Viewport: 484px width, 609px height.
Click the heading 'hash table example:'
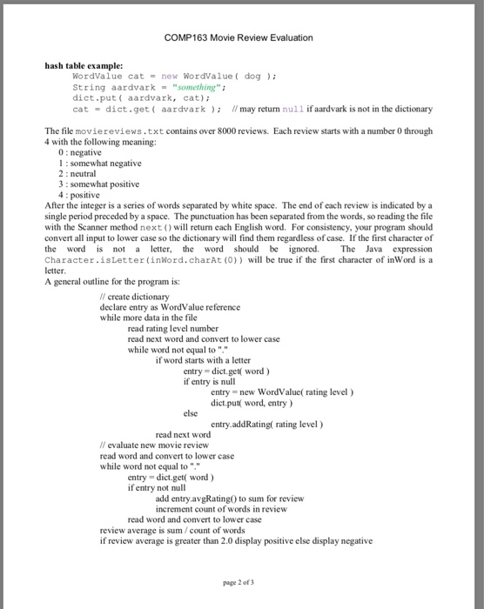[x=84, y=65]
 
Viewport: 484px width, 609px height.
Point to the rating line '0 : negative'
[x=77, y=152]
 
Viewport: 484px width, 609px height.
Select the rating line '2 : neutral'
[x=75, y=173]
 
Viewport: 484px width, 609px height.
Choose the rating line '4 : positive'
[x=77, y=194]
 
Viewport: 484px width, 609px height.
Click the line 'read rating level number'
[x=178, y=329]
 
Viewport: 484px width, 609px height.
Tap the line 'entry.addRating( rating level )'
[x=267, y=424]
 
